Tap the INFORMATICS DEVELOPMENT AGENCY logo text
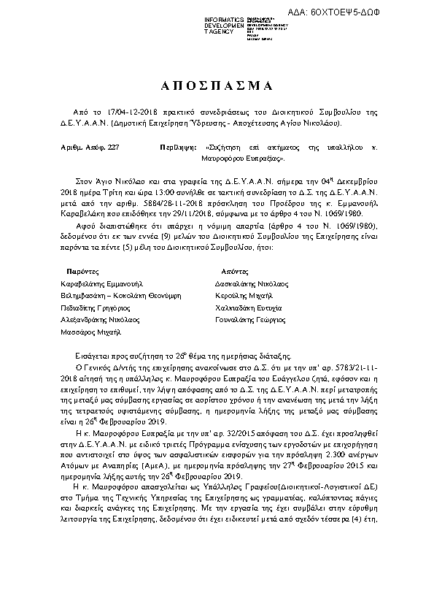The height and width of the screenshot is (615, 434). point(224,25)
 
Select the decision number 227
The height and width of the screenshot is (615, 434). point(112,148)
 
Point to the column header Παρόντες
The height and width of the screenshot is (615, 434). point(82,270)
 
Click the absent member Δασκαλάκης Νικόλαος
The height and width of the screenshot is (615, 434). point(252,283)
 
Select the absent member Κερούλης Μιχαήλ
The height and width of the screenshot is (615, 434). point(244,295)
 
